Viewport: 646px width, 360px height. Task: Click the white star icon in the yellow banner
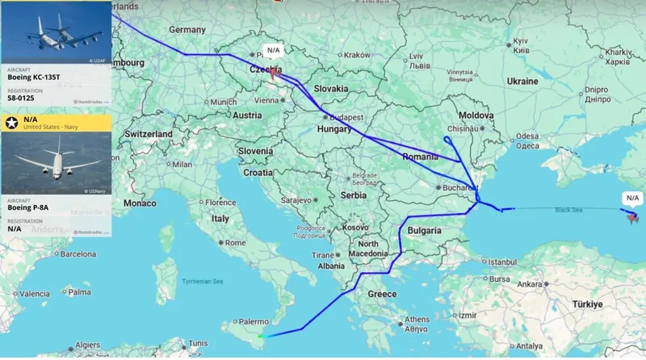pos(11,123)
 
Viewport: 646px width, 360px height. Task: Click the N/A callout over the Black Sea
pos(632,198)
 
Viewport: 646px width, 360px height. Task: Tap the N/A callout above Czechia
pos(273,50)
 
